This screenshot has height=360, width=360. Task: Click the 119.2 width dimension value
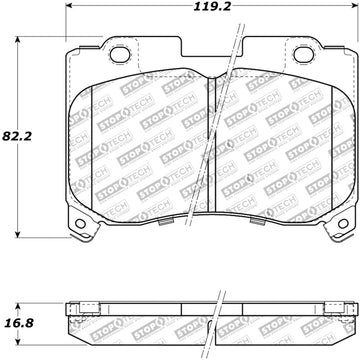click(x=212, y=6)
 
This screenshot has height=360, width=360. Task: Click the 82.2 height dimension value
click(x=17, y=136)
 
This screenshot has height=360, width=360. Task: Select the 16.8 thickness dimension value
click(x=19, y=323)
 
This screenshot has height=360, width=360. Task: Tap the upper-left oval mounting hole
click(x=119, y=55)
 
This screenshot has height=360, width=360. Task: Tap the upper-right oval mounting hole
click(x=304, y=55)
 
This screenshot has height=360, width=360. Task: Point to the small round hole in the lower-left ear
click(x=80, y=224)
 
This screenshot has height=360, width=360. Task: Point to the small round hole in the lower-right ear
click(x=343, y=224)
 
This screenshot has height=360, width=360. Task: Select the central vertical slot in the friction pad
click(x=212, y=145)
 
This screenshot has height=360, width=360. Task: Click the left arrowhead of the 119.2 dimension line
click(x=69, y=6)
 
